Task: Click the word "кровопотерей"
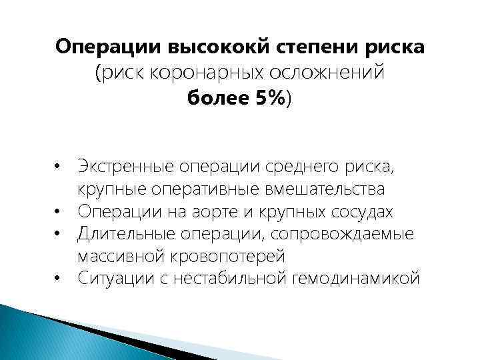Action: (228, 256)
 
